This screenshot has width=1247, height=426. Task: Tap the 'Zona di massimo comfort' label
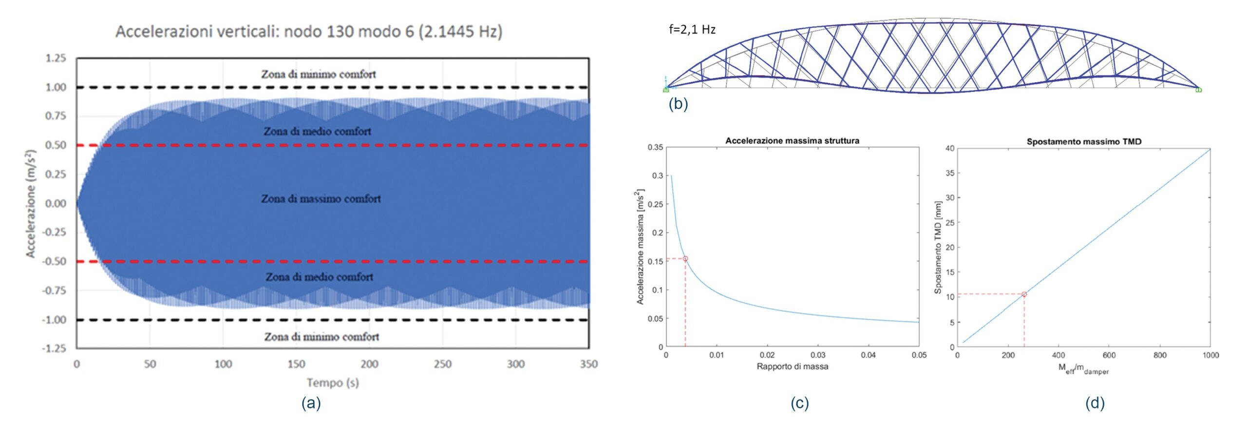coord(321,199)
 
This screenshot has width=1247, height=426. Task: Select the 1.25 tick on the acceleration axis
coord(56,58)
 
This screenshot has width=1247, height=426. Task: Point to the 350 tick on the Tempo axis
coord(588,364)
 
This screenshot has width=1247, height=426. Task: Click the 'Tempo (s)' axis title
coord(333,383)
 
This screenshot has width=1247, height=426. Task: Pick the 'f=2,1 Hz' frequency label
coord(692,30)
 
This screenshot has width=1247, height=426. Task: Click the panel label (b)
coord(678,104)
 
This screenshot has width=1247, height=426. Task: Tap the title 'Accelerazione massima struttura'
coord(792,141)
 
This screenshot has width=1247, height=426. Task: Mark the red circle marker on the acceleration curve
coord(685,259)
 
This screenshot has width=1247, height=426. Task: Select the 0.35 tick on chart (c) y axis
coord(655,147)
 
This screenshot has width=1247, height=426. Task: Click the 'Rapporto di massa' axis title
coord(792,367)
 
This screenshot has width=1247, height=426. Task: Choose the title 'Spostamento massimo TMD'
coord(1084,142)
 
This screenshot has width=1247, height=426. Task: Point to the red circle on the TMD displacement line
coord(1024,294)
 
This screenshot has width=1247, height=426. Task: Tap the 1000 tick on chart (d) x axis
coord(1210,356)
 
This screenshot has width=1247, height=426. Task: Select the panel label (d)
coord(1095,403)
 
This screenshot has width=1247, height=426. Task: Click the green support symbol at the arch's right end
coord(1198,90)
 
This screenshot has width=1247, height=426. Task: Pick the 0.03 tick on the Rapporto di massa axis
coord(818,355)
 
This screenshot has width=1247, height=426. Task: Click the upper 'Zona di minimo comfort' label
coord(318,75)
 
